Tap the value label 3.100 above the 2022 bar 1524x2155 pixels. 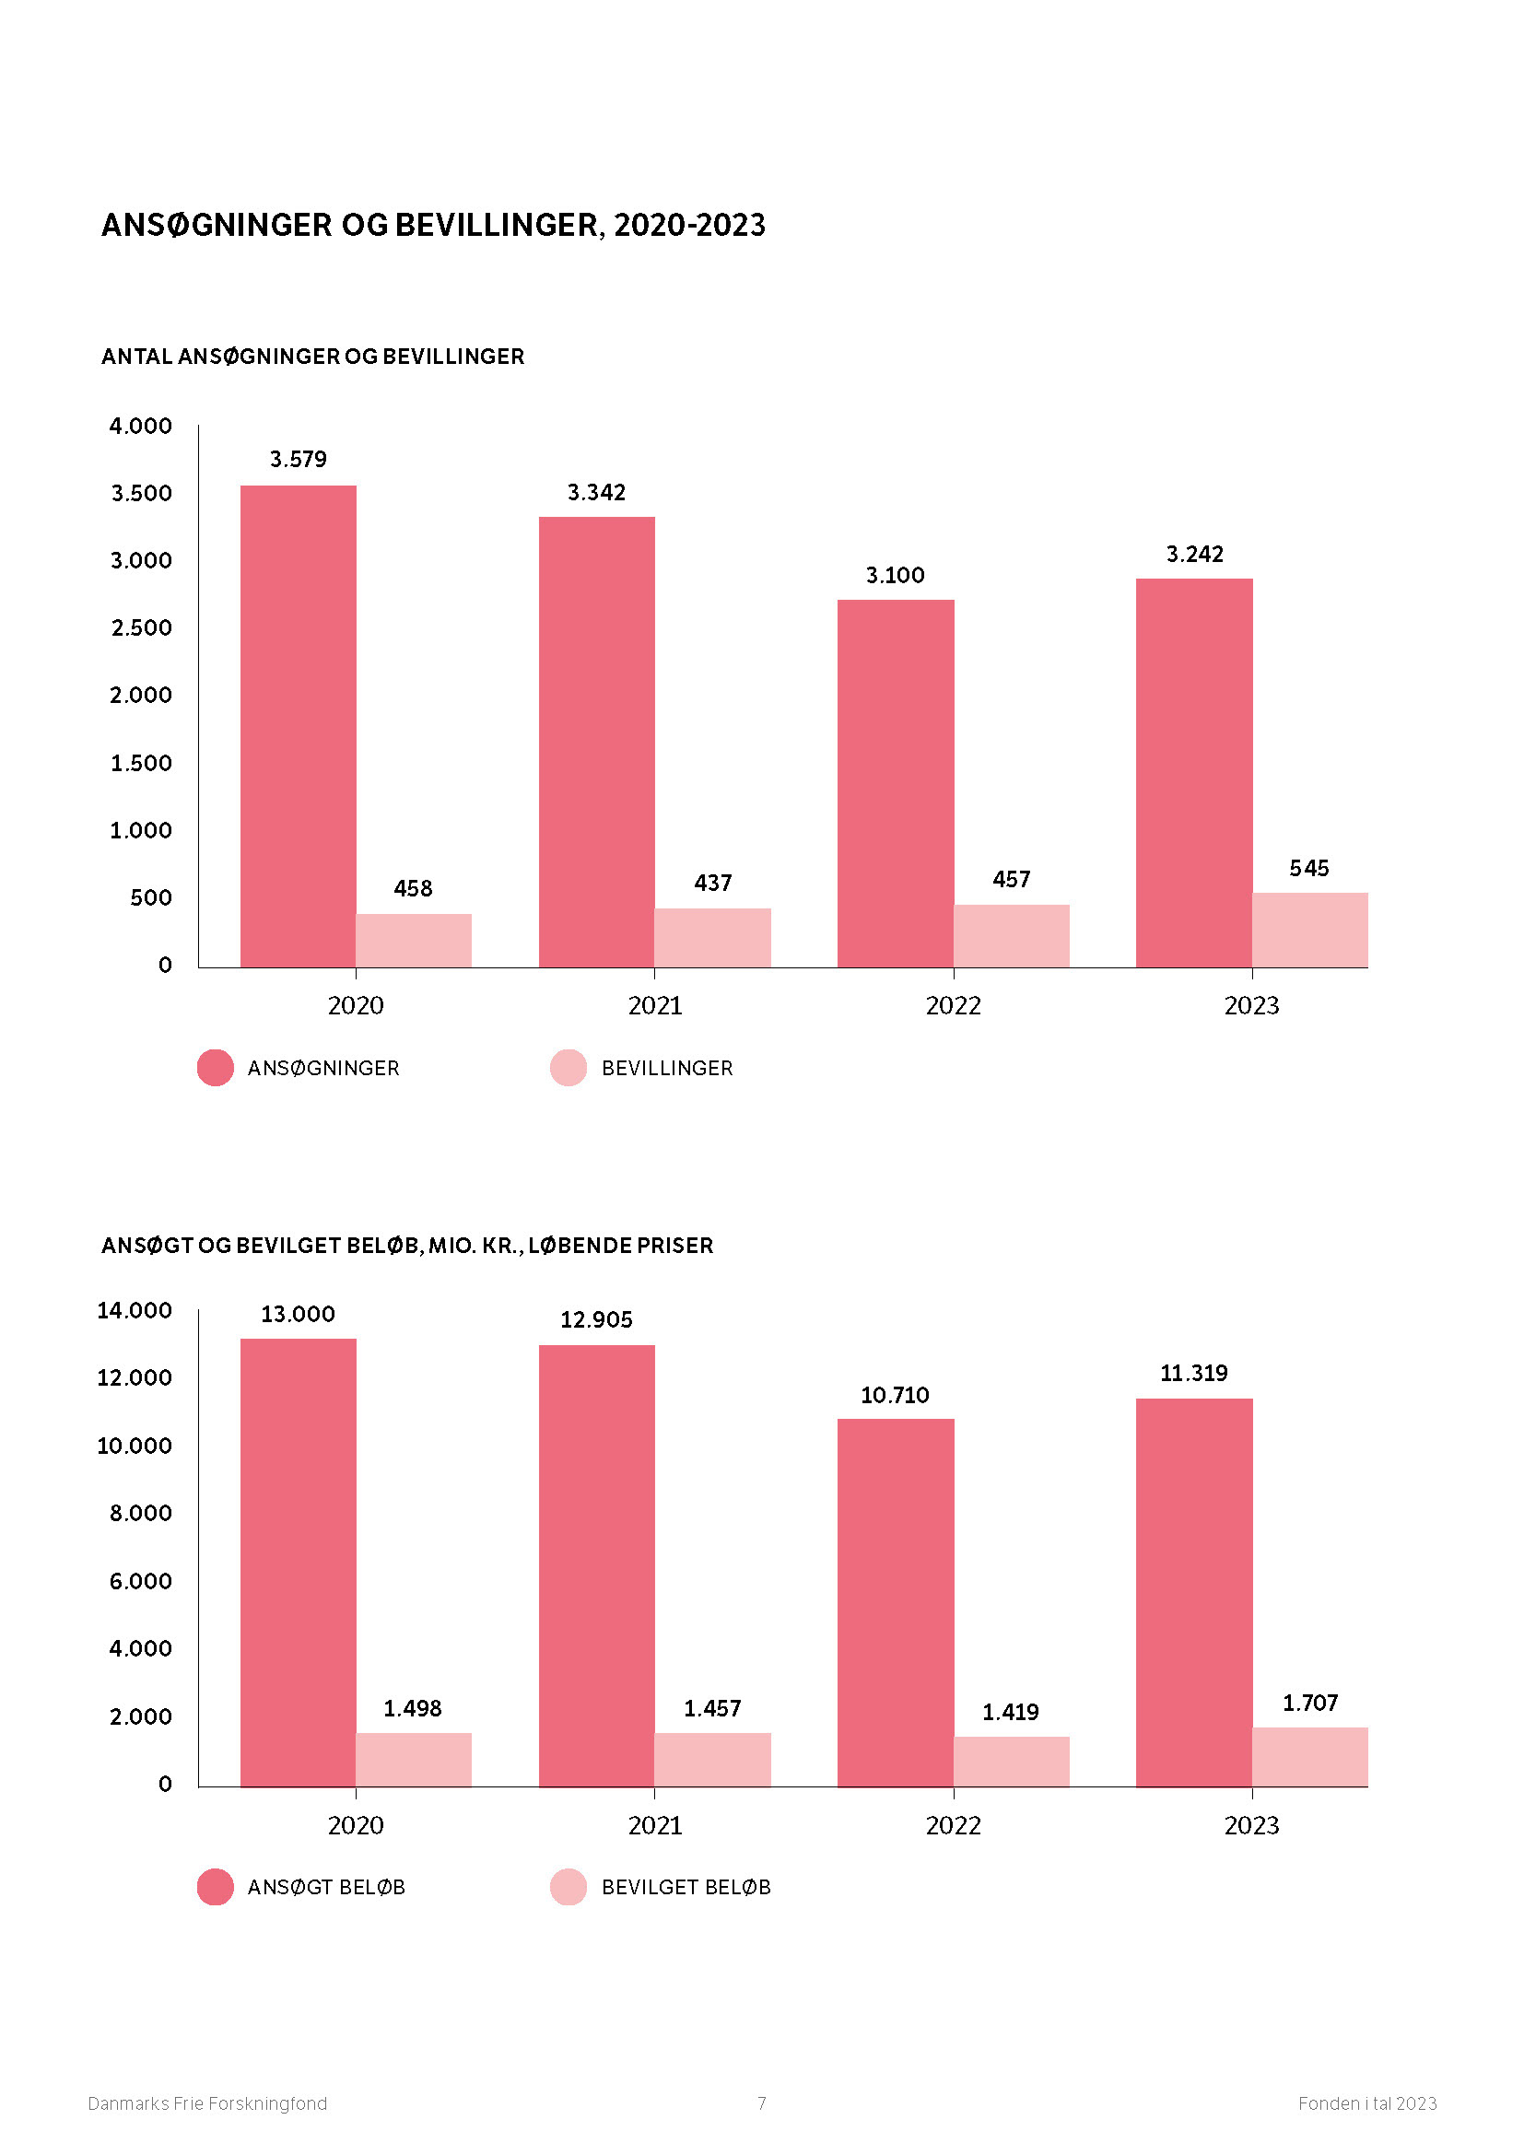(895, 574)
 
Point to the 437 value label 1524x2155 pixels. (712, 883)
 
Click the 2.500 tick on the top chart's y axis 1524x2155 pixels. (141, 627)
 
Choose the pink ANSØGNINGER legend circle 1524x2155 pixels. (215, 1067)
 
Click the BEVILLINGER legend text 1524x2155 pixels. (666, 1068)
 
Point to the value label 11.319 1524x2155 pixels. (1192, 1373)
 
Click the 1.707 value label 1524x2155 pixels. (1309, 1703)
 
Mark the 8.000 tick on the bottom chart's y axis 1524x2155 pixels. (141, 1513)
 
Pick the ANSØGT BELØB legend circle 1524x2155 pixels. (215, 1887)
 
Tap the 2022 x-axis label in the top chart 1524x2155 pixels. (953, 1005)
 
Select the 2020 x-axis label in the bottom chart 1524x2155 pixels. (355, 1824)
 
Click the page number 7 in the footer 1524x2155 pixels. (761, 2103)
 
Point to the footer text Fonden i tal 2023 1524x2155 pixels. (1366, 2103)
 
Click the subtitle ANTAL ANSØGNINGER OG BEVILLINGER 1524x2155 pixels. (312, 357)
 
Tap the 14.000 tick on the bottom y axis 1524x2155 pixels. (135, 1310)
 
